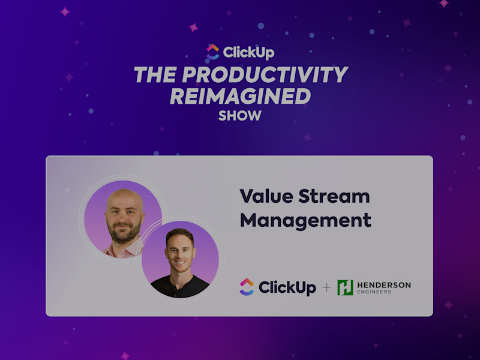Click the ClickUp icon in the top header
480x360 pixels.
tap(212, 52)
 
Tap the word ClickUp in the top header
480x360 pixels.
tap(248, 52)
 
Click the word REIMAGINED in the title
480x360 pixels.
tap(240, 96)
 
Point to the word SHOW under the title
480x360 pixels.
tap(240, 116)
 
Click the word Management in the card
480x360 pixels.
tap(305, 220)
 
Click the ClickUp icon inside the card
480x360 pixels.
tap(247, 287)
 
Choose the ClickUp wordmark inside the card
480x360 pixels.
tap(287, 287)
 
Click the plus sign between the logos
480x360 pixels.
tap(326, 287)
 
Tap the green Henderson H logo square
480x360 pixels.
tap(345, 287)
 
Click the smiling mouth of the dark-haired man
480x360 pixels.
tap(180, 264)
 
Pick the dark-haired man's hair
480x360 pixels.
tap(180, 234)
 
